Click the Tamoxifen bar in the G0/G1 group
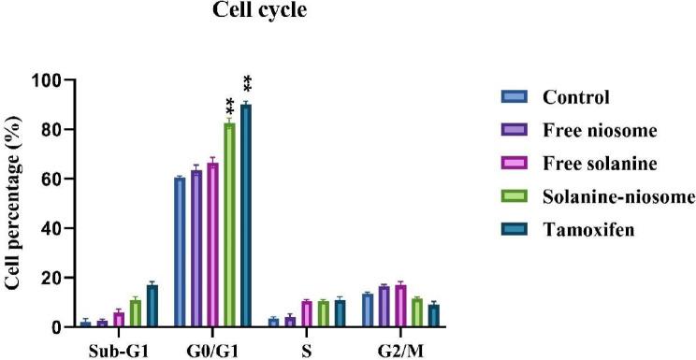[x=246, y=215]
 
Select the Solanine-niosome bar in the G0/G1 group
[x=229, y=224]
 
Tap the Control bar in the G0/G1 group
[x=179, y=252]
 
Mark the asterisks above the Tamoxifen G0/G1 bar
[x=248, y=84]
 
